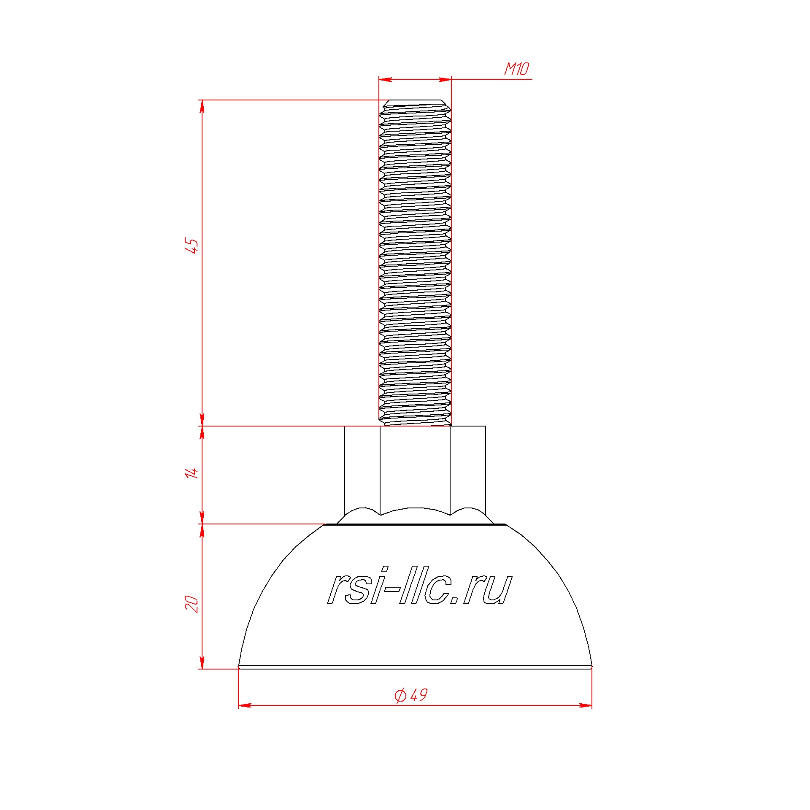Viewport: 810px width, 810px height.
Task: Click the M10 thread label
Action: pyautogui.click(x=516, y=69)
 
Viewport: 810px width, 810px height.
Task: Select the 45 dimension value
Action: pyautogui.click(x=192, y=246)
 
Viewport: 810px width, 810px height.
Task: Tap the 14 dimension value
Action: pyautogui.click(x=192, y=472)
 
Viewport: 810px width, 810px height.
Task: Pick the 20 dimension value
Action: pyautogui.click(x=192, y=604)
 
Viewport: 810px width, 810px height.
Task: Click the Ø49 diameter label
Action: pyautogui.click(x=411, y=695)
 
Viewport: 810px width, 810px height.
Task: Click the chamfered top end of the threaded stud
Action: pyautogui.click(x=415, y=103)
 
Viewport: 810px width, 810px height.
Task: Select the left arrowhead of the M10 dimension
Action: pyautogui.click(x=385, y=79)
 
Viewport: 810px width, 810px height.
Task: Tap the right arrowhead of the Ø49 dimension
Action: pyautogui.click(x=586, y=705)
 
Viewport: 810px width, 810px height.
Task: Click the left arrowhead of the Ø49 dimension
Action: pyautogui.click(x=245, y=705)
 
